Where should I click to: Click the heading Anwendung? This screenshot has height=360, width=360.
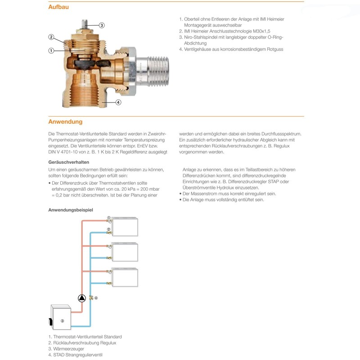[x=65, y=122]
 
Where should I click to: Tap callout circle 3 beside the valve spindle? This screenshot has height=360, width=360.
[x=102, y=25]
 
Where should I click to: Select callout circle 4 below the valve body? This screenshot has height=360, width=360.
[x=118, y=102]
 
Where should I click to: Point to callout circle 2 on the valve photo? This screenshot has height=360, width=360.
[x=51, y=37]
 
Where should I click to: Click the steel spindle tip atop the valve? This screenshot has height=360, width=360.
[x=85, y=23]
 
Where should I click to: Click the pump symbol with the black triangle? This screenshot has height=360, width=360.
[x=81, y=298]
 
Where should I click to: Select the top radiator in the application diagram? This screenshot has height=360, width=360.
[x=126, y=227]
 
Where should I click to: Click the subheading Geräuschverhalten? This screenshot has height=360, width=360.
[x=68, y=161]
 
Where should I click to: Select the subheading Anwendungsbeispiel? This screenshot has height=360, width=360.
[x=71, y=210]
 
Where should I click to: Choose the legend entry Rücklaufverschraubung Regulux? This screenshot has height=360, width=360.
[x=85, y=343]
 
